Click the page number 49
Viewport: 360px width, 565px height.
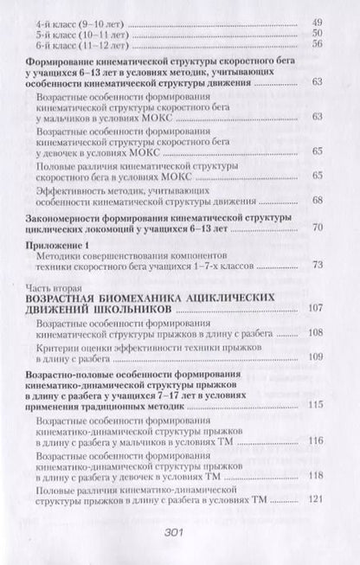(x=317, y=20)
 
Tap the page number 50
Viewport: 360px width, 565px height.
(x=317, y=32)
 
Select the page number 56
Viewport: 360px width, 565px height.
(x=317, y=44)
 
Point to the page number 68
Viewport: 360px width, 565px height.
(x=317, y=202)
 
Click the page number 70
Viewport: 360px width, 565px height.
(x=317, y=227)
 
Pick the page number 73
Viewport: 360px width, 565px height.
(x=317, y=265)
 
